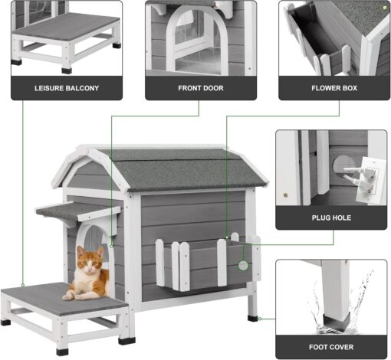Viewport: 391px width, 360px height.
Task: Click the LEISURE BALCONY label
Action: (67, 88)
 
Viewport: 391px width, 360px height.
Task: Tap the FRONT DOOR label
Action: (201, 88)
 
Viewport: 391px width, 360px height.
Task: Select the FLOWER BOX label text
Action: (334, 88)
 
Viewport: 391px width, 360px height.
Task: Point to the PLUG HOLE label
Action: (331, 218)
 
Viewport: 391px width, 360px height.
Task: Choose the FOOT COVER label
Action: (331, 347)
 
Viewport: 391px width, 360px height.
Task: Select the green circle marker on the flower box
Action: (243, 266)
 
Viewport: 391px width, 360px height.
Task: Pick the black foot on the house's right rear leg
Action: (253, 318)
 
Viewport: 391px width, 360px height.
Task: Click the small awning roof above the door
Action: (78, 211)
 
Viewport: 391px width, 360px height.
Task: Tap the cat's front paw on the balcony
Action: (68, 297)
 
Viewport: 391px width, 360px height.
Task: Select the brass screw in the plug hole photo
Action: (286, 195)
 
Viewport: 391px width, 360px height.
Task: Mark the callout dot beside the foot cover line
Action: (260, 319)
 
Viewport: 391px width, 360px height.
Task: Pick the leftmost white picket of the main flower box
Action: (160, 263)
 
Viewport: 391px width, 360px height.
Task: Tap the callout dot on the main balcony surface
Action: (23, 285)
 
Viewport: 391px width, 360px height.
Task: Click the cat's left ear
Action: (80, 250)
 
